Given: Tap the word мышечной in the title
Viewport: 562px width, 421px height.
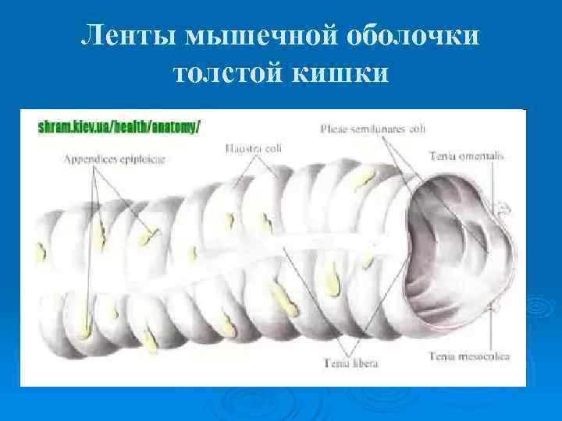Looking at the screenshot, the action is [x=251, y=37].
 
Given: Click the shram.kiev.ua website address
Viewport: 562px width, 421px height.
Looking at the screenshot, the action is [x=119, y=127].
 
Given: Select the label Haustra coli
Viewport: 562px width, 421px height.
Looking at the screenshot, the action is [x=254, y=146].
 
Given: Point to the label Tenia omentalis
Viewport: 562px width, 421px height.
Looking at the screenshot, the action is [x=467, y=156].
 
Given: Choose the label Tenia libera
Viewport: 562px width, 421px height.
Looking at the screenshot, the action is [x=343, y=363].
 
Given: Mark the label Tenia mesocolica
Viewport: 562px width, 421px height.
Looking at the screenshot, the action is [x=469, y=356].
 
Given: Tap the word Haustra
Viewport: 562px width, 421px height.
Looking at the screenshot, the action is [x=242, y=146].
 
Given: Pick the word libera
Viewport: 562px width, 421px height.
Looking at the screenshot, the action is [x=355, y=363].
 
